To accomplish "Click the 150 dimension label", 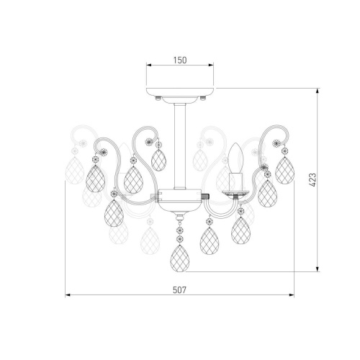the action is coord(180,60).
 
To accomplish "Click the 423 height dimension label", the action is coord(312,180).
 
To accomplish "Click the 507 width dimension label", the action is coord(179,290).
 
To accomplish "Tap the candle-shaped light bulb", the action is coord(235,158).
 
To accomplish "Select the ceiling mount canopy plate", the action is coord(180,91).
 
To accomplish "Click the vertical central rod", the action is coord(180,146).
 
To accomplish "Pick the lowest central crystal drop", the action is coord(180,258).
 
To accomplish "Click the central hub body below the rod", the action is coord(180,202).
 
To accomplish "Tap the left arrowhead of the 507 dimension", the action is coord(68,295).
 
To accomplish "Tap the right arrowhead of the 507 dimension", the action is coord(292,295).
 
